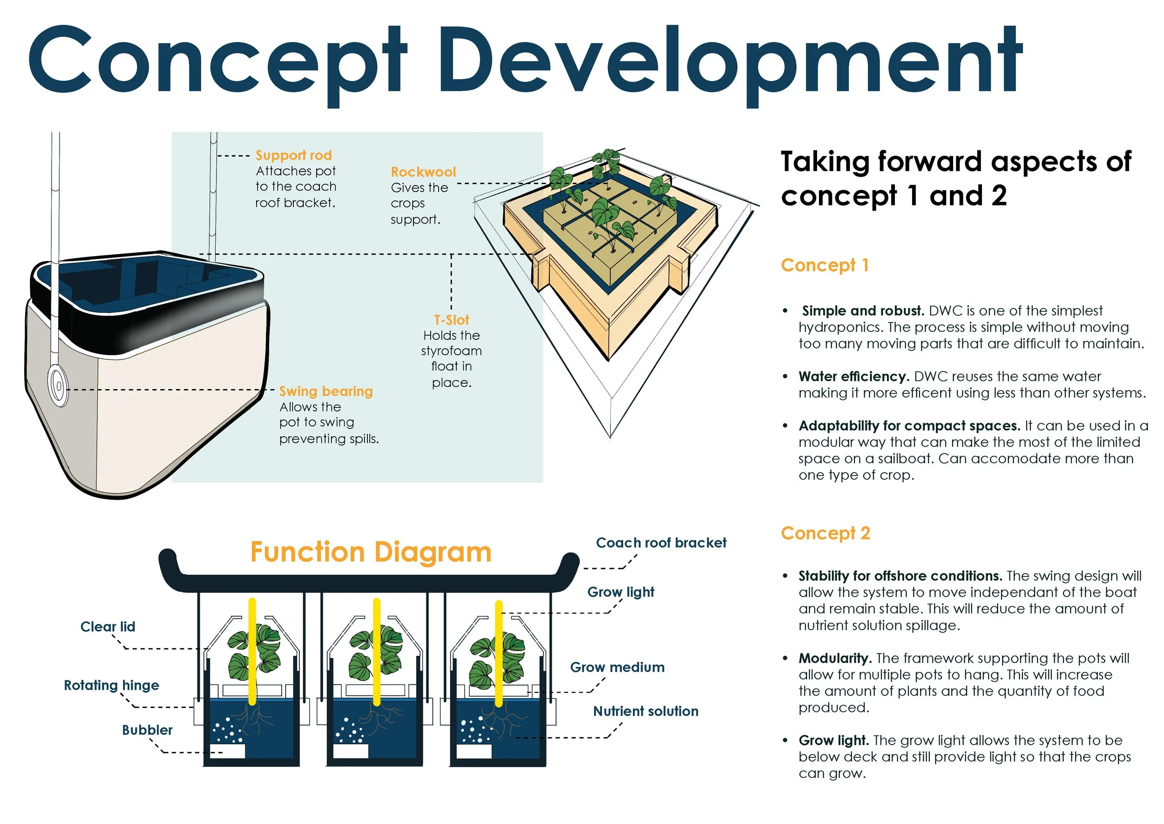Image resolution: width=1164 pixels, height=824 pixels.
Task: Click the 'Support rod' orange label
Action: pyautogui.click(x=293, y=155)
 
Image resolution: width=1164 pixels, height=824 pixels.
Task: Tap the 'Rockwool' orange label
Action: pyautogui.click(x=423, y=172)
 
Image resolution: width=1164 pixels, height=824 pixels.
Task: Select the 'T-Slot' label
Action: pyautogui.click(x=451, y=320)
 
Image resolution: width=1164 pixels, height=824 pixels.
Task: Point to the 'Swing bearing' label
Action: pyautogui.click(x=326, y=391)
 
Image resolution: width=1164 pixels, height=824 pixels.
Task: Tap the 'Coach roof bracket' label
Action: pyautogui.click(x=661, y=543)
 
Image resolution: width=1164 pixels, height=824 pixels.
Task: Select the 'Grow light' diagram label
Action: pyautogui.click(x=621, y=592)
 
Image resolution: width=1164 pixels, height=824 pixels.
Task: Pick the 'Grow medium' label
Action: pyautogui.click(x=617, y=667)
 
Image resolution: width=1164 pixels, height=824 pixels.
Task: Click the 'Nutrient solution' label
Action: pyautogui.click(x=645, y=711)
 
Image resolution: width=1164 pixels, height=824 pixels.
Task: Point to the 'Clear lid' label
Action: pyautogui.click(x=108, y=627)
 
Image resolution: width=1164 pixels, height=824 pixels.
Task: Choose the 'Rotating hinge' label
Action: pyautogui.click(x=112, y=686)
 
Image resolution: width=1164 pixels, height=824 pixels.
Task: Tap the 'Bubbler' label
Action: pyautogui.click(x=147, y=730)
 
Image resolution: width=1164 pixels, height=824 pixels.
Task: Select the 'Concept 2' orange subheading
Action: pyautogui.click(x=826, y=533)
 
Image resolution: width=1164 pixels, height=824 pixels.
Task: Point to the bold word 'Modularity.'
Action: pyautogui.click(x=834, y=659)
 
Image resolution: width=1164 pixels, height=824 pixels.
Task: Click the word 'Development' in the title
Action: pyautogui.click(x=730, y=61)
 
